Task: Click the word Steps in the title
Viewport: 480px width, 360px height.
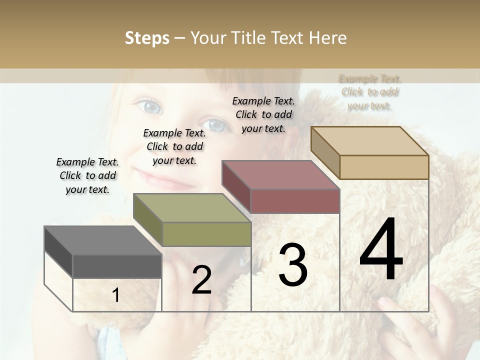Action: pos(147,38)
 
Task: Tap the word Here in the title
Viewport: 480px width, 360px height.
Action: pos(327,38)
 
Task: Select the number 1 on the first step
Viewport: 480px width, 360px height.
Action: pos(115,295)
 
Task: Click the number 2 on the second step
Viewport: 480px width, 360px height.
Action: pos(201,280)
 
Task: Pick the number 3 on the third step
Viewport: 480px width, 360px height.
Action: pos(292,264)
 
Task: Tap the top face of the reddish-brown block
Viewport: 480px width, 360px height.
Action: pos(280,175)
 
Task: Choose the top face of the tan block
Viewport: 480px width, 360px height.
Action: pos(369,141)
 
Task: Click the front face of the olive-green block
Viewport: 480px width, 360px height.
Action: pos(206,234)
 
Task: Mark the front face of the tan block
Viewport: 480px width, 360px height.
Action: pos(384,167)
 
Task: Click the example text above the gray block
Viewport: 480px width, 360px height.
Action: pos(87,175)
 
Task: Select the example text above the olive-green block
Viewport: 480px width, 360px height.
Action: pos(174,146)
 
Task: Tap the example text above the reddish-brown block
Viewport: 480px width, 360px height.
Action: pos(263,114)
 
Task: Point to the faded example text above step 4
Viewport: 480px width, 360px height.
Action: pos(370,92)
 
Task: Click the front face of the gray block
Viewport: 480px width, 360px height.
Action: pos(117,266)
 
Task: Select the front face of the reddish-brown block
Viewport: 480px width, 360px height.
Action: pos(295,201)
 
